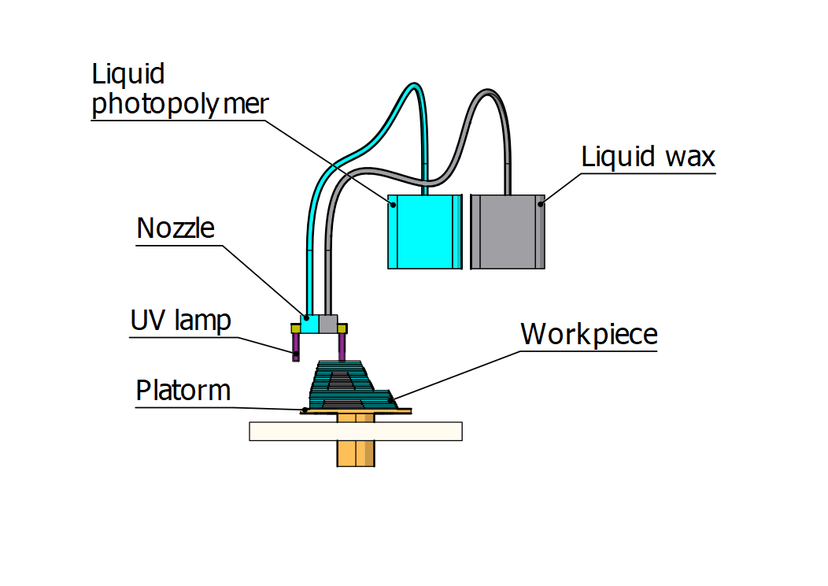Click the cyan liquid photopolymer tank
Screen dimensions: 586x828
coord(423,231)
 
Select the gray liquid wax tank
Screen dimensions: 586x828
coord(507,231)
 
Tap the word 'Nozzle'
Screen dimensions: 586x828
coord(175,228)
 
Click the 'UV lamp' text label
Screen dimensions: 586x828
coord(181,321)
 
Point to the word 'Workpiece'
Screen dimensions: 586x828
coord(589,334)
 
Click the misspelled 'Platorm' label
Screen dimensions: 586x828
coord(183,391)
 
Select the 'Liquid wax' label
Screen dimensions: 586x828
coord(648,157)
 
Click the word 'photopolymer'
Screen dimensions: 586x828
coord(180,104)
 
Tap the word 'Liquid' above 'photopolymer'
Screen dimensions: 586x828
coord(128,74)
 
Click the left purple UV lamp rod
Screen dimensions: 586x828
coord(296,347)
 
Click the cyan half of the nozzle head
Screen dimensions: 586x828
coord(309,324)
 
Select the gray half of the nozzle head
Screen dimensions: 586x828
coord(327,324)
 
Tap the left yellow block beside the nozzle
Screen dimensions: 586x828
coord(295,328)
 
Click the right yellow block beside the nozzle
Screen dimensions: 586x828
coord(342,328)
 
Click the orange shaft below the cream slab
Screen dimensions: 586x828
coord(357,453)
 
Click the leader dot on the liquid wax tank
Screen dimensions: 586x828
coord(540,204)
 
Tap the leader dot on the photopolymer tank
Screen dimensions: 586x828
coord(393,204)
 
